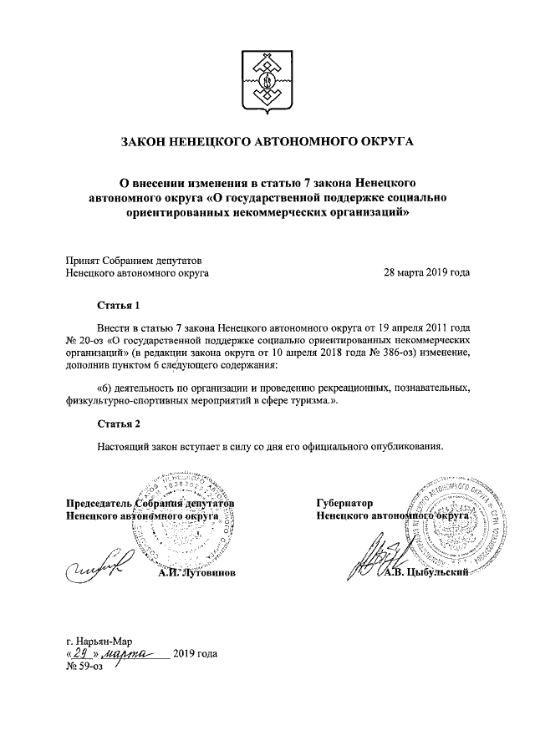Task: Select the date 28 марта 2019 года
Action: pyautogui.click(x=425, y=272)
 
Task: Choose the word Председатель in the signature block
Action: pyautogui.click(x=99, y=504)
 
